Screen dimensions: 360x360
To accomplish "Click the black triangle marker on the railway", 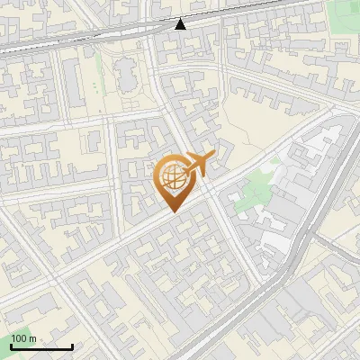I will [x=181, y=23].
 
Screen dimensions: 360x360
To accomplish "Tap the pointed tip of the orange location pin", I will [x=173, y=211].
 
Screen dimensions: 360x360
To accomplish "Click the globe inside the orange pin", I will [x=173, y=178].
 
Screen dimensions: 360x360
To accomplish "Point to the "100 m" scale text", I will [x=23, y=339].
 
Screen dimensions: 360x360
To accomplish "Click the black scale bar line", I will [x=41, y=346].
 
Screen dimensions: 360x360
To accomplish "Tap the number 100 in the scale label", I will [x=19, y=339].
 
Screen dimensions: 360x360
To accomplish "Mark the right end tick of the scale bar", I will [x=72, y=345].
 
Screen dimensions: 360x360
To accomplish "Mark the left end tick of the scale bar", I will [x=11, y=345].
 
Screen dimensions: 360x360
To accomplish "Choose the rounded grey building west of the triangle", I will [x=126, y=76].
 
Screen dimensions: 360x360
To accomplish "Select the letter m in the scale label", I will [x=32, y=339].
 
